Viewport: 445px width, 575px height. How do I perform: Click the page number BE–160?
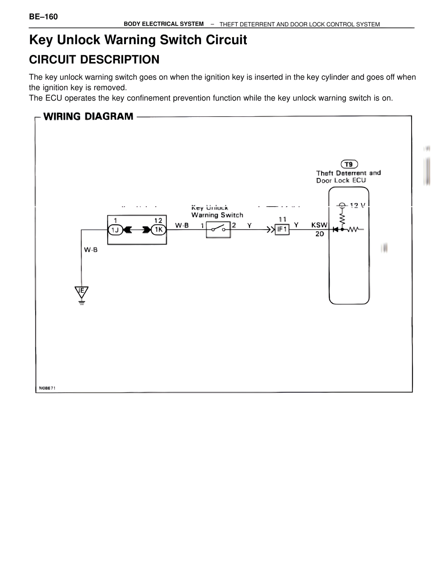point(43,17)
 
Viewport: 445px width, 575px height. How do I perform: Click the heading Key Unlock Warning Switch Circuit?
point(138,40)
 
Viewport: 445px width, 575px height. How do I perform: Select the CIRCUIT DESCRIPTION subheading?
point(94,60)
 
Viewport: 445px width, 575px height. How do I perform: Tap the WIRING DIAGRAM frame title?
point(88,116)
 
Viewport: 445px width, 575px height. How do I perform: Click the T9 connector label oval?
point(349,164)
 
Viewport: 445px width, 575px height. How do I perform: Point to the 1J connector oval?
point(115,230)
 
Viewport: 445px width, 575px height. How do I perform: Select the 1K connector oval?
point(159,230)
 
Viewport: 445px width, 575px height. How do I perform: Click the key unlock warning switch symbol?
point(218,230)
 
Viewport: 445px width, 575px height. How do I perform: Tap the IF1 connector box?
point(282,230)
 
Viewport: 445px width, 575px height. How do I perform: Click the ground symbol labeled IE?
point(82,292)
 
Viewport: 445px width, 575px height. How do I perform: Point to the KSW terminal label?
point(319,225)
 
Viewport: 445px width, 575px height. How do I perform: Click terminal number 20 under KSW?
point(320,234)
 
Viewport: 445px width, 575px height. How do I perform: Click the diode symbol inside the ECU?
point(335,230)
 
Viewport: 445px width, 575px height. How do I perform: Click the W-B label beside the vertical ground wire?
point(91,250)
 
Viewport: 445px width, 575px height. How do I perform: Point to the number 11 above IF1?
point(282,219)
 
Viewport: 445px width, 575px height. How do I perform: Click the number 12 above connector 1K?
point(158,220)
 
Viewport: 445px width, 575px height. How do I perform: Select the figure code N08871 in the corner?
point(47,388)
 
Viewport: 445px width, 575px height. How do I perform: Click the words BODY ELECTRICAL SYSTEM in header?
point(164,24)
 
